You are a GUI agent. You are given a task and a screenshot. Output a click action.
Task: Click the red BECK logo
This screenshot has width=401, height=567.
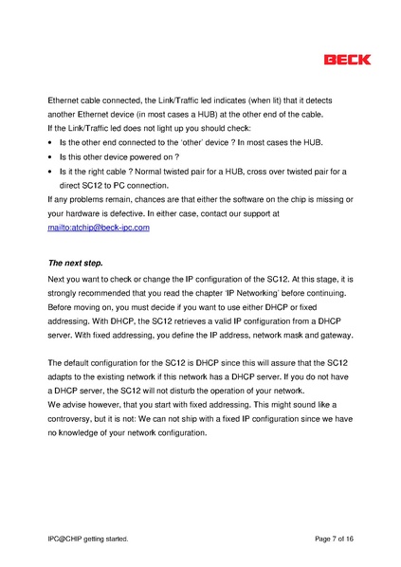[347, 59]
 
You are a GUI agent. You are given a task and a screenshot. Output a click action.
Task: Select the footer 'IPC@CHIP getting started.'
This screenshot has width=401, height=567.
[88, 539]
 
